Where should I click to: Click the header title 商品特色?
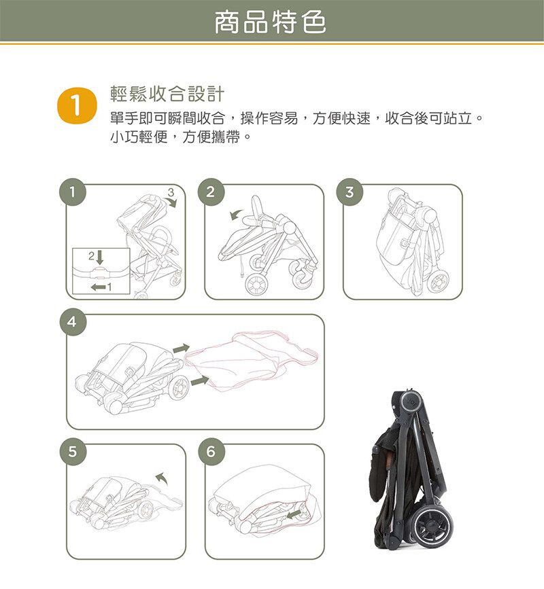coord(270,22)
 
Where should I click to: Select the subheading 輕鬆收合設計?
coord(167,94)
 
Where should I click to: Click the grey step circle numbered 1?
coord(73,192)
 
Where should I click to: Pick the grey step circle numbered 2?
coord(211,192)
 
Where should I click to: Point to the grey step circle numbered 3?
coord(350,192)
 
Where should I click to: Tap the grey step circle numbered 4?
coord(73,321)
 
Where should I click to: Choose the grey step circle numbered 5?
coord(73,452)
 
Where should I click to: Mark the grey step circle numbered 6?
coord(211,452)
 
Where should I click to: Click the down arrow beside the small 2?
coord(100,257)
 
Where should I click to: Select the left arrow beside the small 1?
coord(98,287)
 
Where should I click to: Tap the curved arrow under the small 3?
coord(171,203)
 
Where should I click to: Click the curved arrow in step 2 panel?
coord(236,214)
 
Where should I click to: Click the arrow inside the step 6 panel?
coord(293,514)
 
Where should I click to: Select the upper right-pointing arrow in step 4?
coord(181,349)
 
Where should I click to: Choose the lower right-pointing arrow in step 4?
coord(200,380)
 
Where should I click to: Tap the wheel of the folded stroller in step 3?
coord(438,281)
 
